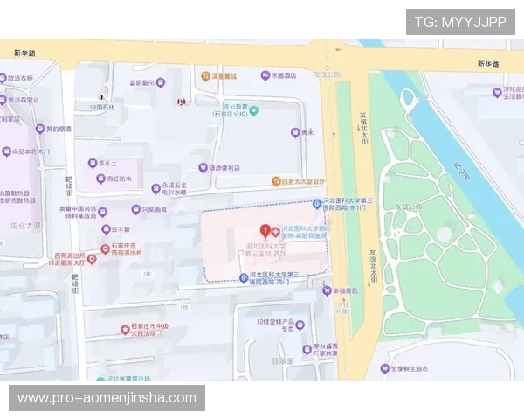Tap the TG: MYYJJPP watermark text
pos(460,22)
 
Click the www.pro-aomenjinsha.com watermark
pos(107,398)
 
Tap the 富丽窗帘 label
pos(147,83)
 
